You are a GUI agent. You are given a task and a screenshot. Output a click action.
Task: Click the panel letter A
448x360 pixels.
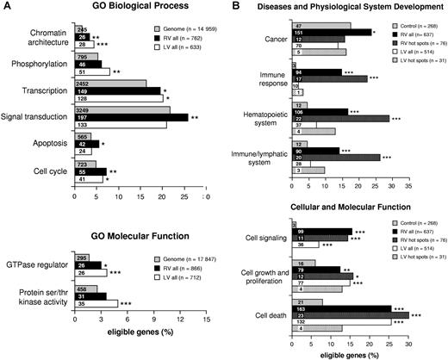pyautogui.click(x=6, y=8)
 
